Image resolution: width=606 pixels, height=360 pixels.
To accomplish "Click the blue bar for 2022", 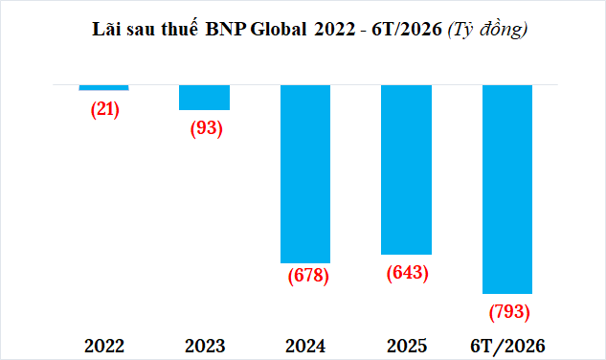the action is [x=104, y=88].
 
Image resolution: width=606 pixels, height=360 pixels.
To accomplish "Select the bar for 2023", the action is [x=205, y=98].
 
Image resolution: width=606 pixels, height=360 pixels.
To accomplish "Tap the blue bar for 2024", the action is [x=305, y=174].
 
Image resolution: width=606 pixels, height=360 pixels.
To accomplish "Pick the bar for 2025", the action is [x=406, y=169].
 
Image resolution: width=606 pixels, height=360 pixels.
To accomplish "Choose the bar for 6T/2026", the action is [x=507, y=190].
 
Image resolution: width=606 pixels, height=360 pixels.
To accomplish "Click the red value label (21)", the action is [x=105, y=109].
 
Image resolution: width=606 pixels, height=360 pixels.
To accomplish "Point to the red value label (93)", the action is [x=207, y=128].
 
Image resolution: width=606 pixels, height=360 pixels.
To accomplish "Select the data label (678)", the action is [x=308, y=276].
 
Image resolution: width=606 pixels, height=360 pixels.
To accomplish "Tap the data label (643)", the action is [x=408, y=273].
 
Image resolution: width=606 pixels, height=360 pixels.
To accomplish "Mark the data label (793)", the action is [x=509, y=312].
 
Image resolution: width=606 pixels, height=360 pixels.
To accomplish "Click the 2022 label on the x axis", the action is [x=104, y=346].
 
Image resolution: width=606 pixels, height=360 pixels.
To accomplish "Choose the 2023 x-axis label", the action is [x=205, y=346].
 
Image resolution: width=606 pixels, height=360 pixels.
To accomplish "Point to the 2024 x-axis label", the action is [x=305, y=346].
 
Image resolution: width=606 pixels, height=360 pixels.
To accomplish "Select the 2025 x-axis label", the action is [x=407, y=346].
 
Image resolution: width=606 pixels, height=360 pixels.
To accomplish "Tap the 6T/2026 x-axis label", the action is [x=507, y=346].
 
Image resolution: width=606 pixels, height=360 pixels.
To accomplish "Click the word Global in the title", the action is [x=279, y=29].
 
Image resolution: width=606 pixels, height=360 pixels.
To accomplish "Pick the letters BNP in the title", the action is [x=226, y=30].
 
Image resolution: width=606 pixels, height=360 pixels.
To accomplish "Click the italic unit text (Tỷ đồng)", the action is [x=487, y=30].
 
